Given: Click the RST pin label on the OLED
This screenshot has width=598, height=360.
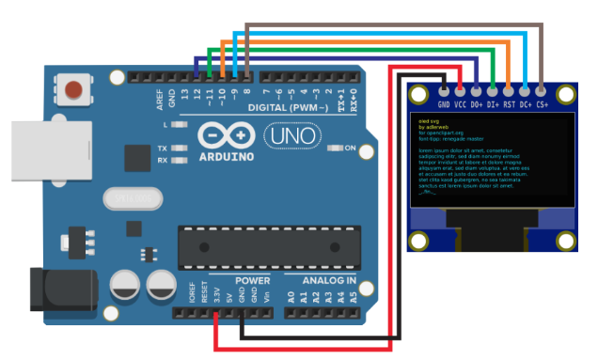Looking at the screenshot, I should (509, 106).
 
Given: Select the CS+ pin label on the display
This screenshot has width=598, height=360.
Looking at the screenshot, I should (542, 106).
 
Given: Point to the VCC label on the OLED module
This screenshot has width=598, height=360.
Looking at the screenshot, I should (461, 106).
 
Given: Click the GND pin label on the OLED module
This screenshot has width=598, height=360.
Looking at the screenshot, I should (444, 106).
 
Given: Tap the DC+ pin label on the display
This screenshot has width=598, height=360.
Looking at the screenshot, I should (526, 106).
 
